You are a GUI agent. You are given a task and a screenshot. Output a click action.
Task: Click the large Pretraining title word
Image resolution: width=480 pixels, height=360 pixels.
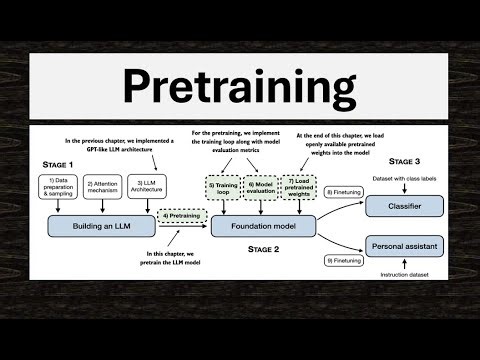[x=240, y=88]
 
